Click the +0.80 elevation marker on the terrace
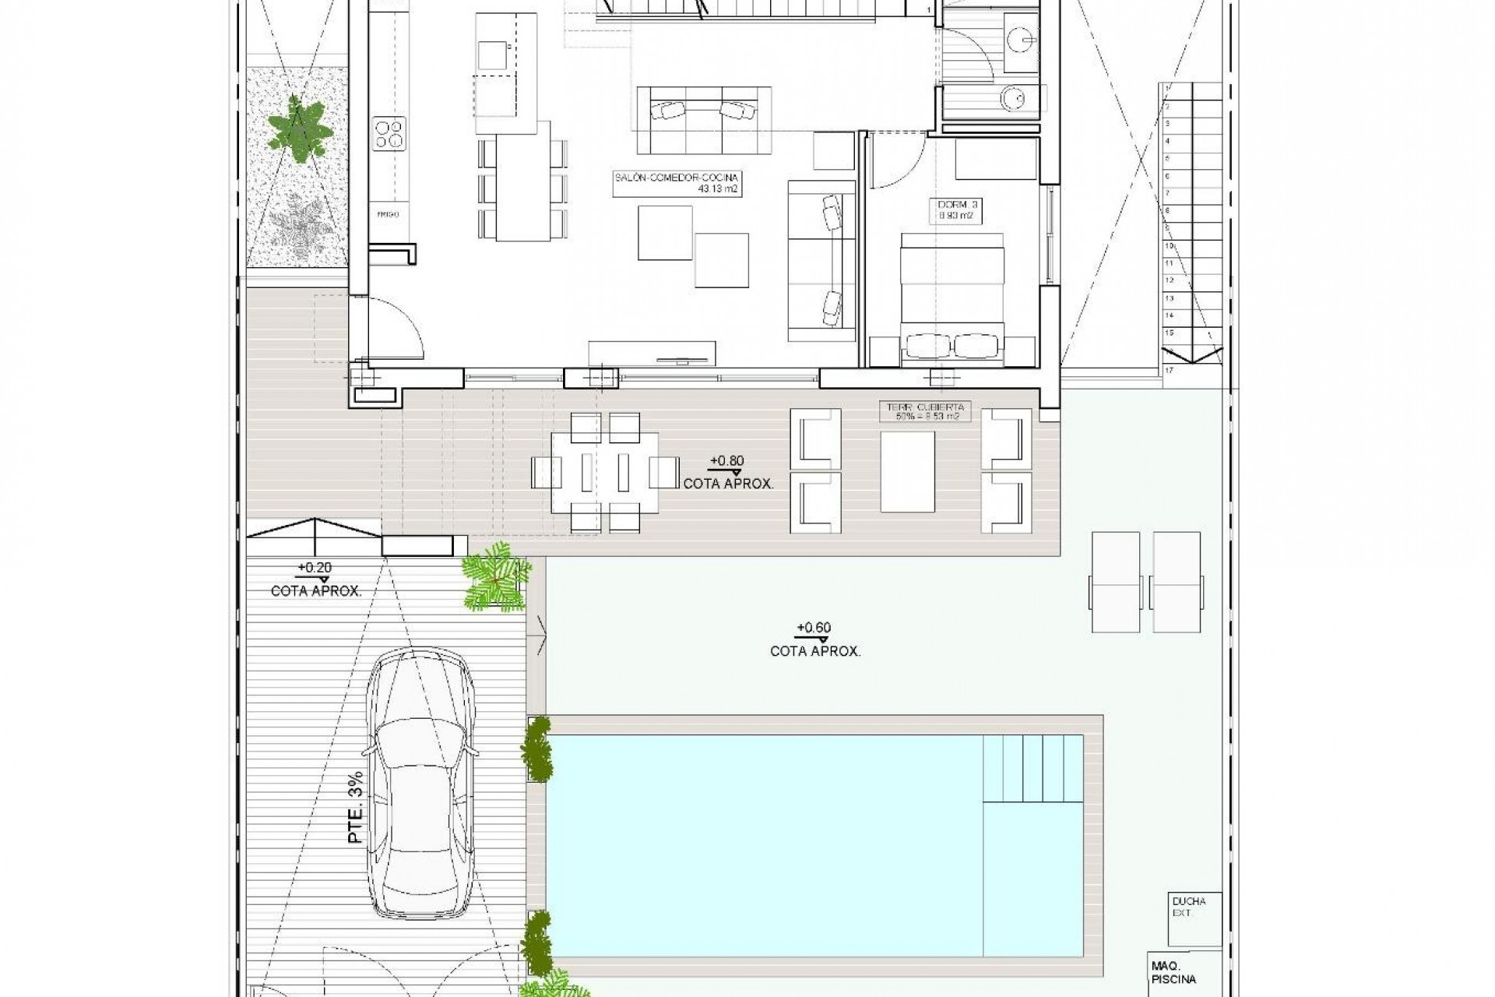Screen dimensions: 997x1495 point(726,461)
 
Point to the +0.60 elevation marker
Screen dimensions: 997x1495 point(814,628)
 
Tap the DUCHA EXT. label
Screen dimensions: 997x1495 point(1188,906)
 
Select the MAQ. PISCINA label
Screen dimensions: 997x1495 point(1173,973)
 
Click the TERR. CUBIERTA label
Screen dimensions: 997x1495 point(924,411)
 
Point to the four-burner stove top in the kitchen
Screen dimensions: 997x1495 point(389,132)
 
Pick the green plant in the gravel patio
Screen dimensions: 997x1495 point(297,129)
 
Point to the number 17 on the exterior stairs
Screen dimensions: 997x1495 point(1170,370)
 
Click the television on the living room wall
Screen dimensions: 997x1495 point(683,361)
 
